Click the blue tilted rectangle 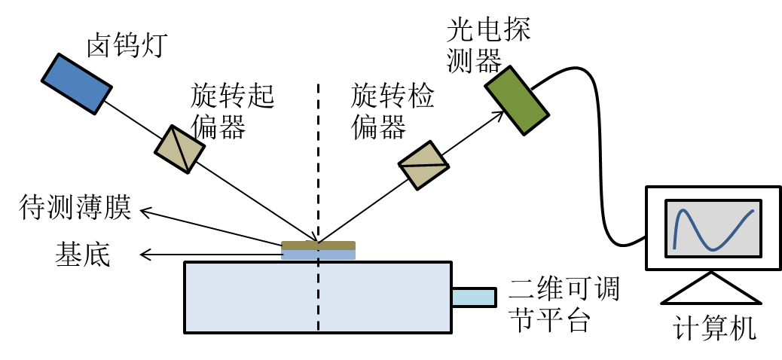[77, 84]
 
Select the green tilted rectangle [517, 100]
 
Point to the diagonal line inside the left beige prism [180, 149]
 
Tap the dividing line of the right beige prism [423, 165]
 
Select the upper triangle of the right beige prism [424, 156]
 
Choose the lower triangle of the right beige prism [423, 175]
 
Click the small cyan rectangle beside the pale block [473, 297]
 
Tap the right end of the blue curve [753, 211]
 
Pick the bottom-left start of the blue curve [674, 248]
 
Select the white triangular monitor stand [711, 291]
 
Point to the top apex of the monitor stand [711, 275]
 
